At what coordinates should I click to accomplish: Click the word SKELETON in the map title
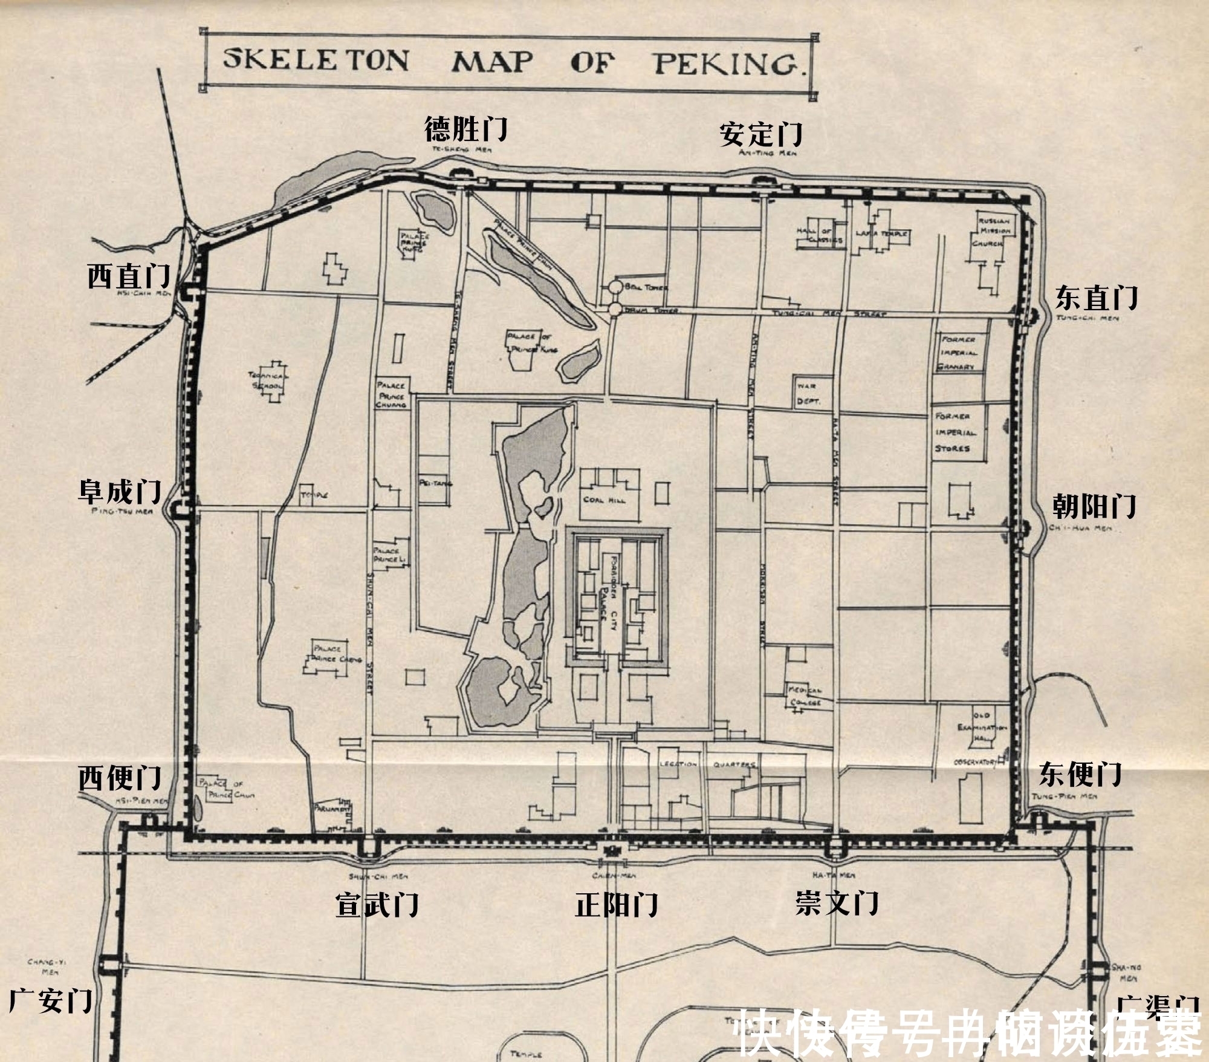316,59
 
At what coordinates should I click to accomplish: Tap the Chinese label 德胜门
465,128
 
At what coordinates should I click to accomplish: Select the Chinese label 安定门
760,134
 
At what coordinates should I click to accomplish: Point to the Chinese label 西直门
129,276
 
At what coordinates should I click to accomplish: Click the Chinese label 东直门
1097,298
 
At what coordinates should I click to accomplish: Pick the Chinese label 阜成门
120,491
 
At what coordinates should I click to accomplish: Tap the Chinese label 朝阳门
1094,506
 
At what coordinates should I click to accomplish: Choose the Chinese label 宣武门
377,905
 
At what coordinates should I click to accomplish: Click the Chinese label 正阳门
617,905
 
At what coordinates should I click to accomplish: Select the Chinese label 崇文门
837,903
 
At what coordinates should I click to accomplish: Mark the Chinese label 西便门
120,778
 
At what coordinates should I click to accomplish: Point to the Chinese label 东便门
1080,774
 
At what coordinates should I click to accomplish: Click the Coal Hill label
604,500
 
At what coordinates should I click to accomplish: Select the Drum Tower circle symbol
615,310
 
